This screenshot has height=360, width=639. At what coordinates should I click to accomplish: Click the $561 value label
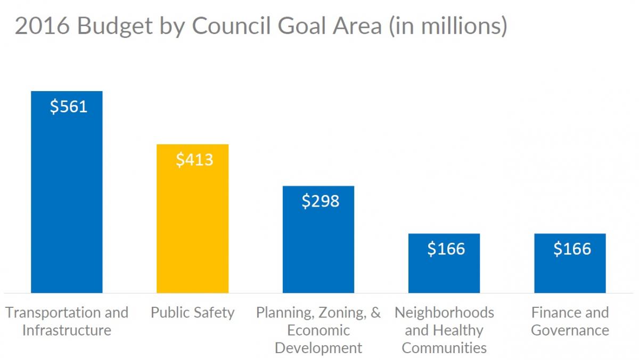[x=69, y=107]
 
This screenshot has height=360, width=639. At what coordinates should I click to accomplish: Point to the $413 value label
[x=194, y=159]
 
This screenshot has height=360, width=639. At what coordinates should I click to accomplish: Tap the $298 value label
[x=320, y=201]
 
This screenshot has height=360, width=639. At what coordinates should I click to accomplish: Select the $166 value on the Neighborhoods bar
[x=446, y=249]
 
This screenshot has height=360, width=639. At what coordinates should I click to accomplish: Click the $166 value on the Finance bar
[x=572, y=249]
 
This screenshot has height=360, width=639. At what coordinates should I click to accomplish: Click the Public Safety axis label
[x=192, y=312]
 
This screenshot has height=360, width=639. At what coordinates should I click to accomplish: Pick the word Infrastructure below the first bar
[x=67, y=330]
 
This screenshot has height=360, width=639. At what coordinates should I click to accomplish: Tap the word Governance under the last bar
[x=570, y=330]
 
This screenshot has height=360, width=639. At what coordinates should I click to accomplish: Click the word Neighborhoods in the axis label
[x=444, y=312]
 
